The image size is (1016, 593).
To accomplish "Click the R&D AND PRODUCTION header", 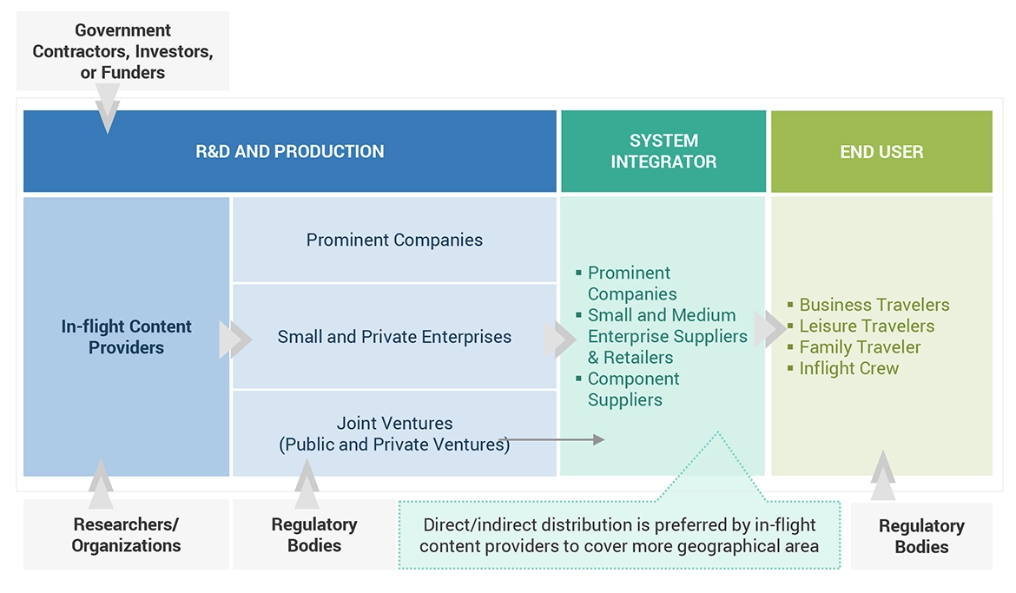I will tap(289, 151).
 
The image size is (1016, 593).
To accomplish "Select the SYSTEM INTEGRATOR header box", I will tap(663, 151).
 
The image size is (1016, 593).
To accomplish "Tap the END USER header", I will tap(881, 151).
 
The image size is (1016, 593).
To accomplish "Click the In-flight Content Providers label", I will tap(127, 337).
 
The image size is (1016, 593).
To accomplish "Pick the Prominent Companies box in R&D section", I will tap(394, 240).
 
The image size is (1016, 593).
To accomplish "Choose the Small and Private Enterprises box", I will tap(394, 337).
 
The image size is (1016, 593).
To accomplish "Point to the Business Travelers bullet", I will tap(874, 305).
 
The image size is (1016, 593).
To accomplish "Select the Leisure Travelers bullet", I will tap(867, 326).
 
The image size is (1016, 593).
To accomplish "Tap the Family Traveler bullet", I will tap(860, 347).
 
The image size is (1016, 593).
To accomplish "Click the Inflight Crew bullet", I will tap(848, 368).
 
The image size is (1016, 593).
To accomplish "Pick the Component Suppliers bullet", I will tap(633, 389).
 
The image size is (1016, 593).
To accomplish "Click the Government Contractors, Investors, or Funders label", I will tap(122, 52).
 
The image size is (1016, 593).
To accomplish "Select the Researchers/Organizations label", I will tap(127, 535).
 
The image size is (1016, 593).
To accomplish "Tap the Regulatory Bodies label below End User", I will tap(921, 537).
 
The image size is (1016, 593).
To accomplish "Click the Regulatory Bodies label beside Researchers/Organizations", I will tap(314, 535).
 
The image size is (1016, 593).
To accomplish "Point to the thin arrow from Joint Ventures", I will tap(556, 440).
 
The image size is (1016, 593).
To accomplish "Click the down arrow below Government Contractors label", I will tap(108, 113).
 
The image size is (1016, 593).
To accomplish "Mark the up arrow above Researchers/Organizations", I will tap(101, 483).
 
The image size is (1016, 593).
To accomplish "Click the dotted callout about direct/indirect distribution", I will tap(618, 535).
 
